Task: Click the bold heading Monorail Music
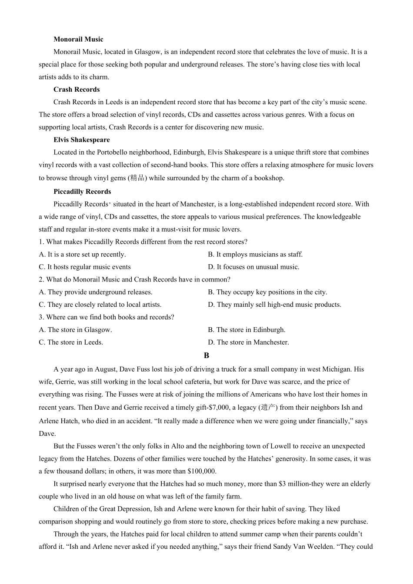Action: point(78,39)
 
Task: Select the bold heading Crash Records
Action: point(77,90)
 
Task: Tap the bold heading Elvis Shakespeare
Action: point(81,140)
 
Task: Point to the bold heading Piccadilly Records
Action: point(82,192)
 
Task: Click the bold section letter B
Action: point(206,355)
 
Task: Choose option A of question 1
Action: point(82,255)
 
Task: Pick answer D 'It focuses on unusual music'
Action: point(253,267)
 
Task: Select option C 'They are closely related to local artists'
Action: point(100,305)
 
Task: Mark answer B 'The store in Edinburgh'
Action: point(246,330)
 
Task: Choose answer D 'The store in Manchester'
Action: point(248,342)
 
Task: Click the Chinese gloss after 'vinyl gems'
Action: point(137,178)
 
